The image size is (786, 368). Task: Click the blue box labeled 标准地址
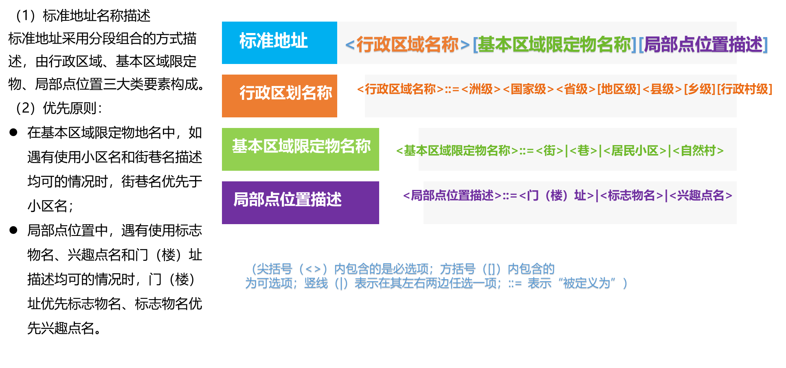(279, 42)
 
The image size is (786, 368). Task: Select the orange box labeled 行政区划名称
(279, 95)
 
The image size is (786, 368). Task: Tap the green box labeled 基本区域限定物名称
(301, 149)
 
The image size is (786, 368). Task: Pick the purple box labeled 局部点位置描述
(301, 202)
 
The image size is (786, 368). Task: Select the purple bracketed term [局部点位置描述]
(703, 44)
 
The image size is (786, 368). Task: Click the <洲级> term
(481, 89)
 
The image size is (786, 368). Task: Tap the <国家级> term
(528, 89)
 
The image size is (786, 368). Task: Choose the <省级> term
(575, 89)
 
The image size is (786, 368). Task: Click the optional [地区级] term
(619, 89)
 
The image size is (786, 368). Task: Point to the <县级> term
(662, 89)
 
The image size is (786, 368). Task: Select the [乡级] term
(699, 89)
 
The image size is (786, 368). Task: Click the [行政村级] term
(744, 89)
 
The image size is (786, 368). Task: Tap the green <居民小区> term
(635, 151)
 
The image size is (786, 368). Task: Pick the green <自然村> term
(698, 151)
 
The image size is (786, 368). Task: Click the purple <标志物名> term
(632, 196)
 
